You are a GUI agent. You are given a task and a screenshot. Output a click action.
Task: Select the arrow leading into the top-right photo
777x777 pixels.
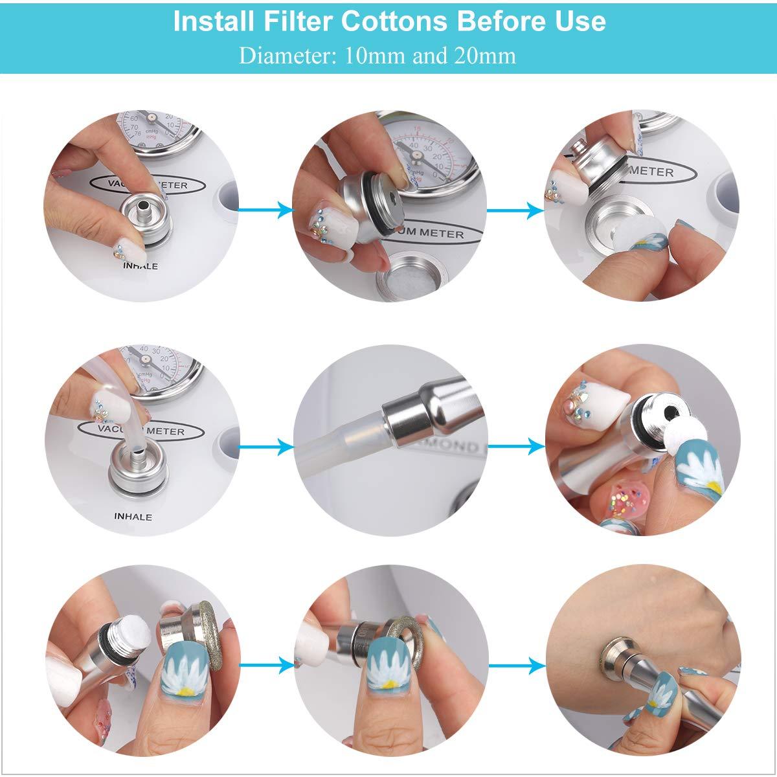[x=515, y=209]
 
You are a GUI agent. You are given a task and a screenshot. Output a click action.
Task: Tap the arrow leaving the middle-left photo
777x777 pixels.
[x=265, y=445]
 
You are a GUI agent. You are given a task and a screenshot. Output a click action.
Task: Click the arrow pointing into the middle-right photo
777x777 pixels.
[x=515, y=445]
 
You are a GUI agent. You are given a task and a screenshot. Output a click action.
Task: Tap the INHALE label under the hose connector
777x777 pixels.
[x=133, y=517]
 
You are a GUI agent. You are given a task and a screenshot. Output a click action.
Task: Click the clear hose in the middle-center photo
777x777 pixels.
[x=343, y=438]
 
